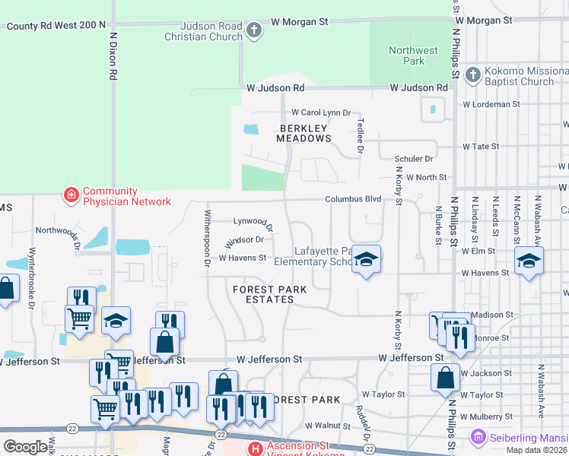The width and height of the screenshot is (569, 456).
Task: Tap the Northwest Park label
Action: [413, 56]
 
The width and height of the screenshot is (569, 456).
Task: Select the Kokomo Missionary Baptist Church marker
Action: [472, 74]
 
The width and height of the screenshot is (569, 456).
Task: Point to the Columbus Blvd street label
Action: [353, 199]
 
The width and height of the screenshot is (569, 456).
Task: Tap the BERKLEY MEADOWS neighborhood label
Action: [304, 134]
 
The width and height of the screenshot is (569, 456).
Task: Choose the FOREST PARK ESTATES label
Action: [263, 294]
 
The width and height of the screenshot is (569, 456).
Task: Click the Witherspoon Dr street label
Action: [206, 239]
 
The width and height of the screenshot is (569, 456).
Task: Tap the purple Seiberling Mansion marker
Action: [478, 437]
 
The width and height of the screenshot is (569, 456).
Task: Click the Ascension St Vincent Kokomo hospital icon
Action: [255, 449]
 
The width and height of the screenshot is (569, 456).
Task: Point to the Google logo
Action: [25, 447]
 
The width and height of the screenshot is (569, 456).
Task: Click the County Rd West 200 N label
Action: [56, 26]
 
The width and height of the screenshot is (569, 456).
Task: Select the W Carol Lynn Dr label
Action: [321, 112]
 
